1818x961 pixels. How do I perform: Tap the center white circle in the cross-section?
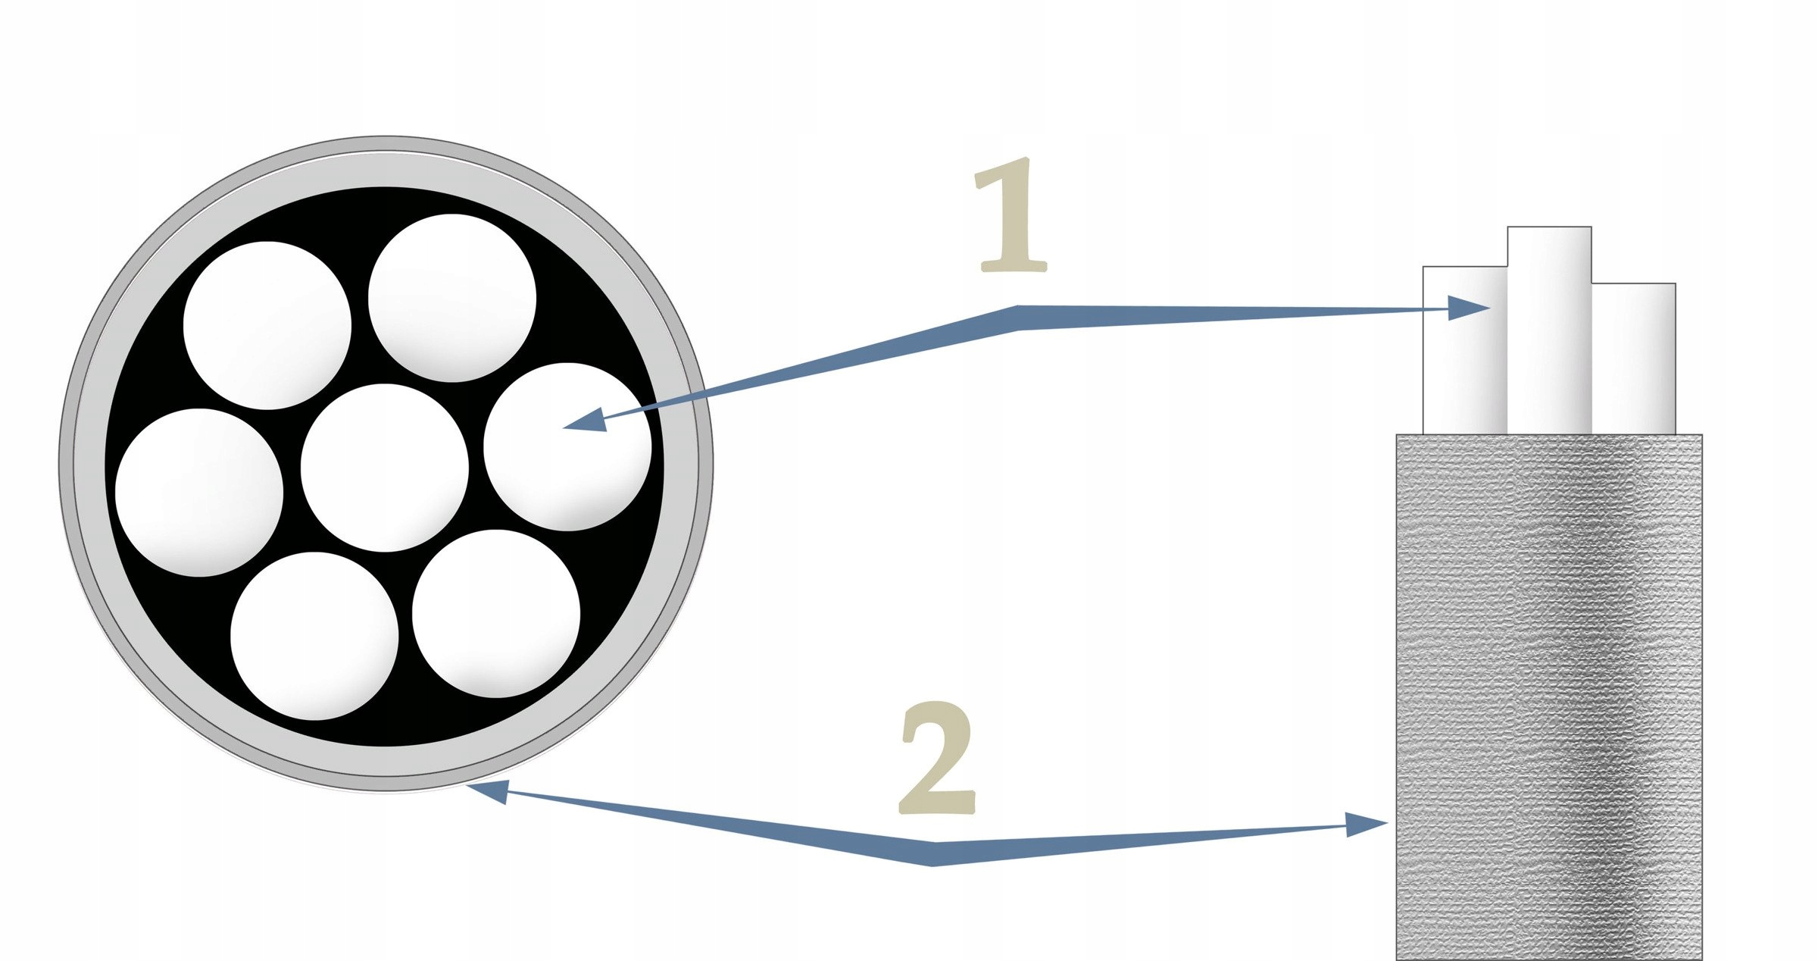tap(385, 468)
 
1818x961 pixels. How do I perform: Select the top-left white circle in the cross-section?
tap(267, 325)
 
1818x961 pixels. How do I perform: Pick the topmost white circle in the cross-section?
tap(452, 298)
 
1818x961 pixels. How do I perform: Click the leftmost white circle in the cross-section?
tap(199, 493)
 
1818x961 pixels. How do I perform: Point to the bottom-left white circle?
tap(314, 636)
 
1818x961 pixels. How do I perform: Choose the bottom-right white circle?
tap(496, 613)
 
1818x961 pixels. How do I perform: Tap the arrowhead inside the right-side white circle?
tap(587, 421)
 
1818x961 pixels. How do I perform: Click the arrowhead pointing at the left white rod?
tap(1468, 308)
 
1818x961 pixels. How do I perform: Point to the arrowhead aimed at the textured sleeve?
tap(1365, 824)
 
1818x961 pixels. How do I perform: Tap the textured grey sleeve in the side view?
tap(1549, 682)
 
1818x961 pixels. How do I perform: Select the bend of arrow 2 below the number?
tap(933, 853)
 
